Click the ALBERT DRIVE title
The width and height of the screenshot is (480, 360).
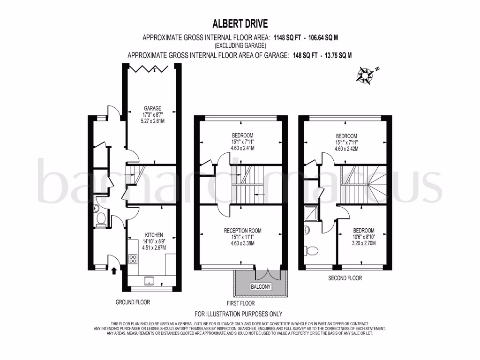[240, 23]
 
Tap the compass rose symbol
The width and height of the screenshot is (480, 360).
[365, 75]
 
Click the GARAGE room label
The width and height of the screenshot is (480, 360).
[152, 107]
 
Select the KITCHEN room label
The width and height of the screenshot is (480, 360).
[154, 235]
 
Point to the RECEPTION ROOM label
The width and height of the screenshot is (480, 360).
[242, 230]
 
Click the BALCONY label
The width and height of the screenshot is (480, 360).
[261, 286]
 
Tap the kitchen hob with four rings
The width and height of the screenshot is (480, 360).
[133, 258]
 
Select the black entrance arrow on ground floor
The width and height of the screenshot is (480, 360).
[114, 270]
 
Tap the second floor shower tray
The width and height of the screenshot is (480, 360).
[310, 213]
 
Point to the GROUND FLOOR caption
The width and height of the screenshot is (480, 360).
[133, 302]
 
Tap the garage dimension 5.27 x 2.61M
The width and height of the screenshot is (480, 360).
[152, 120]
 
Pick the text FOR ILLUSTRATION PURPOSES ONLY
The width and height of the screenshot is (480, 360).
[239, 314]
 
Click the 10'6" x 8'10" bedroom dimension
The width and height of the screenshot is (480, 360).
[364, 237]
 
